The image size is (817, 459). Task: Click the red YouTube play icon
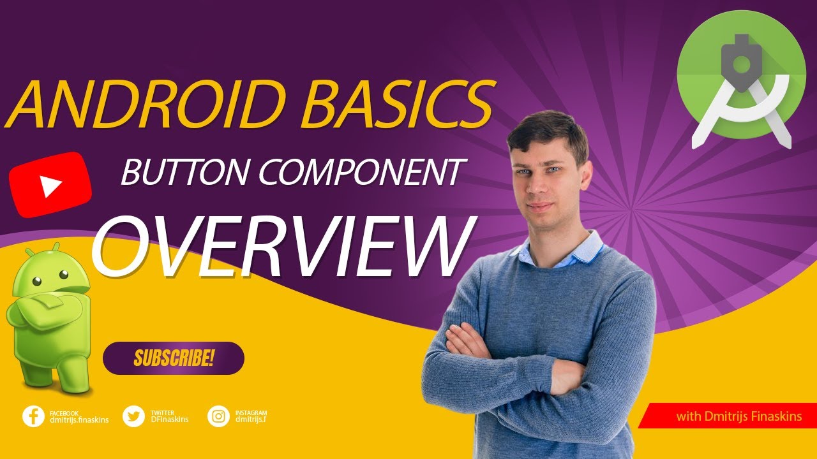point(50,185)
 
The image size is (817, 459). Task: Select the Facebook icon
point(33,416)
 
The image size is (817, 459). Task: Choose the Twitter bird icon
point(133,416)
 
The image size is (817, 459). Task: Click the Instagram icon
point(218,416)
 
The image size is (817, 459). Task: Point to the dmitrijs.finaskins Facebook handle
point(79,419)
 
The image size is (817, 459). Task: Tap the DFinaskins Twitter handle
point(169,419)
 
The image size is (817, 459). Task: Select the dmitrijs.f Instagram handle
point(251,419)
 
